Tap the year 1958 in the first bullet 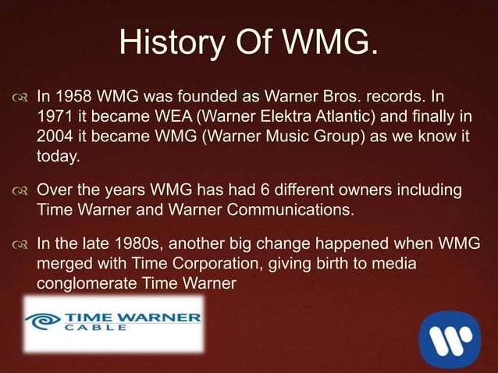[72, 99]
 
